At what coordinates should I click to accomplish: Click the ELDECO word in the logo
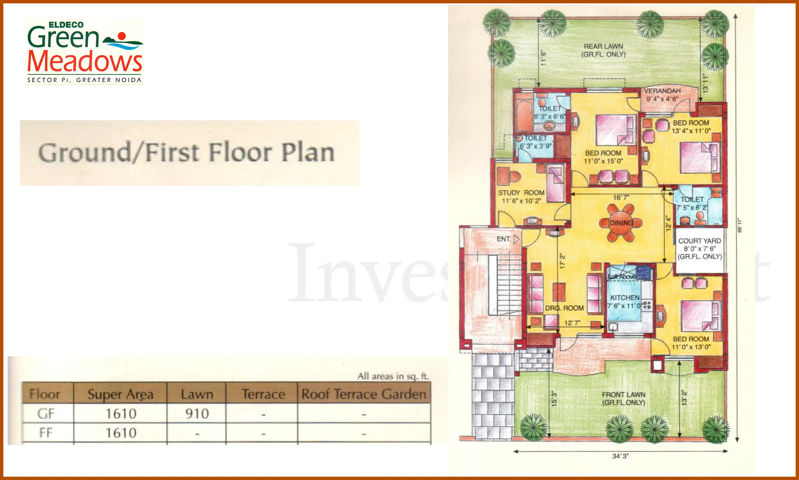[66, 25]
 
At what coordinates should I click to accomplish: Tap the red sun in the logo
[122, 36]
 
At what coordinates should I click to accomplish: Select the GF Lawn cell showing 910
[197, 414]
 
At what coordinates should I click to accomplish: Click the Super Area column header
[120, 394]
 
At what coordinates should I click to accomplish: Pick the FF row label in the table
[46, 433]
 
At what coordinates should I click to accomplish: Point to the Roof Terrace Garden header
[364, 394]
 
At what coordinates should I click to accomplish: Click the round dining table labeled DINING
[621, 223]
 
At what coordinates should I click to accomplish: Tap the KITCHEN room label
[625, 297]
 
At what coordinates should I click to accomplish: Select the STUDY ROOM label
[521, 193]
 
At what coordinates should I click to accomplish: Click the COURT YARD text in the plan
[699, 241]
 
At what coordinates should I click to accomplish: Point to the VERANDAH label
[662, 91]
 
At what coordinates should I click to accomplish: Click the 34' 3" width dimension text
[620, 456]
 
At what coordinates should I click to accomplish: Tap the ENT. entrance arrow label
[503, 239]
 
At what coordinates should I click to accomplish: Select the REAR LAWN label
[603, 46]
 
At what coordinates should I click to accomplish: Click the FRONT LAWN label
[623, 394]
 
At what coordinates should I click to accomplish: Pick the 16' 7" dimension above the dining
[621, 198]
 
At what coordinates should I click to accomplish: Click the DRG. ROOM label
[564, 308]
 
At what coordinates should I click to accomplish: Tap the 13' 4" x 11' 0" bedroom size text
[691, 131]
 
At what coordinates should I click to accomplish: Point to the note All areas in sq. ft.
[393, 376]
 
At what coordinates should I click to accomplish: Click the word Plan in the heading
[308, 152]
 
